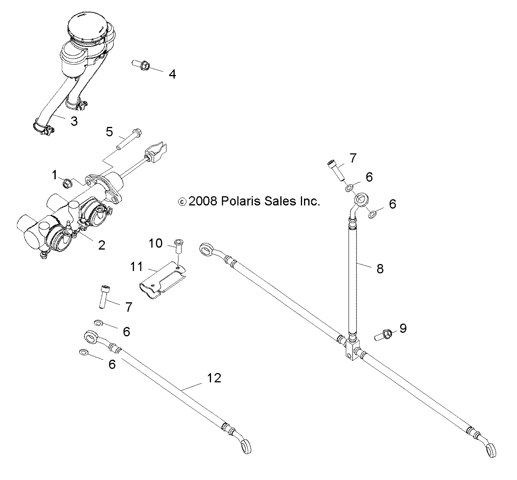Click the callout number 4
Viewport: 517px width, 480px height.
172,74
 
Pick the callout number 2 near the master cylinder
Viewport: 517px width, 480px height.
101,245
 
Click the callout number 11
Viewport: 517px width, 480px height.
136,267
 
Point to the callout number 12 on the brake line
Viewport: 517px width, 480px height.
215,378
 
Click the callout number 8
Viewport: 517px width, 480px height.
380,268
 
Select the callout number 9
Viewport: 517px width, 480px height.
403,328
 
